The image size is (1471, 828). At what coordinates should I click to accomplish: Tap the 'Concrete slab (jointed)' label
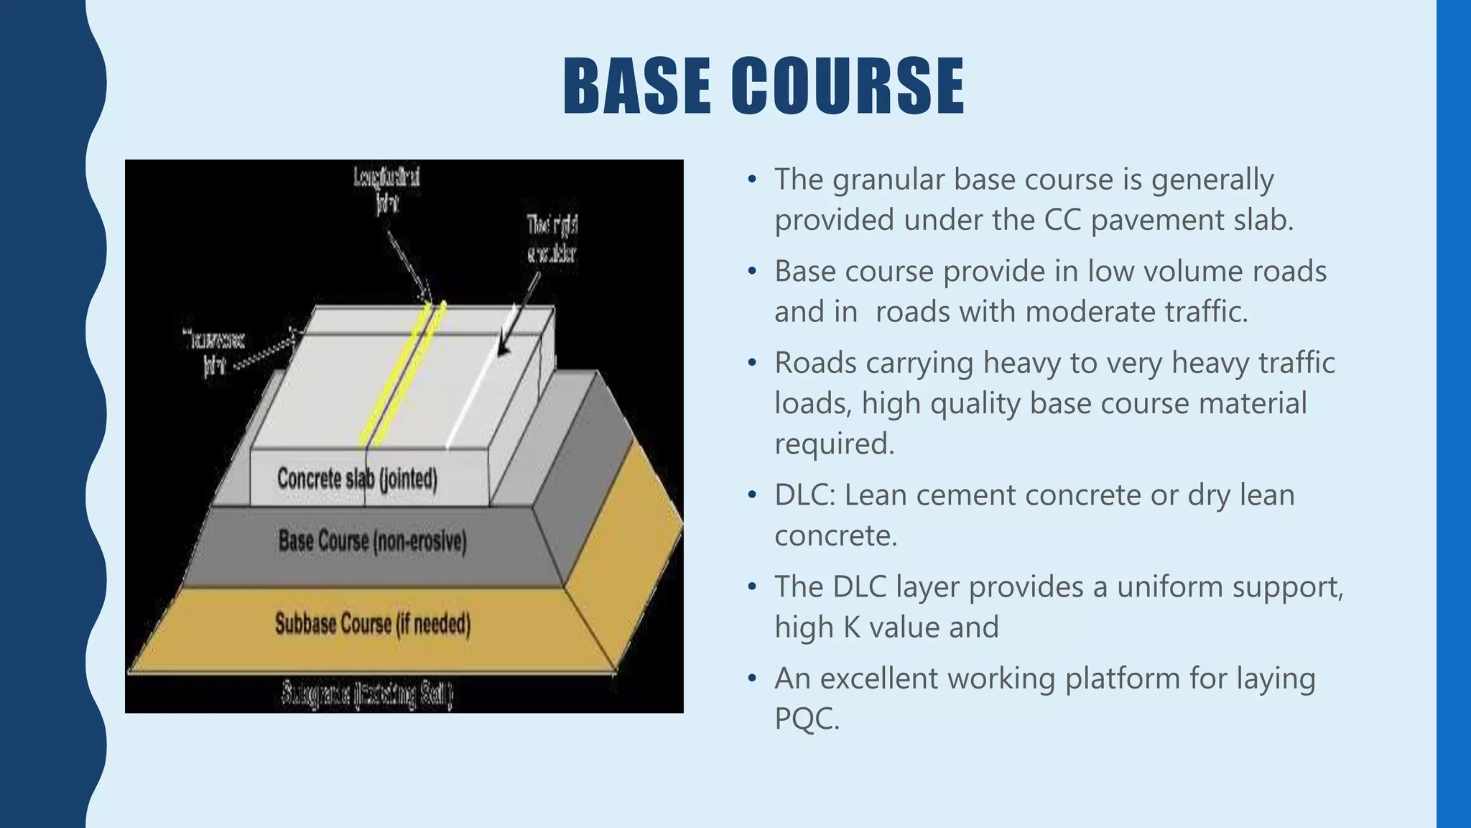357,479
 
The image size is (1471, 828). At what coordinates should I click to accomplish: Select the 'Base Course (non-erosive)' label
372,541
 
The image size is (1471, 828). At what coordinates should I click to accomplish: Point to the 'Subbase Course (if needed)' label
372,624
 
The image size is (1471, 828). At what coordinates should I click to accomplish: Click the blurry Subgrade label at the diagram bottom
366,694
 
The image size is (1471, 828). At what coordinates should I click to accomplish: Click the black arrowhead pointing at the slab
504,349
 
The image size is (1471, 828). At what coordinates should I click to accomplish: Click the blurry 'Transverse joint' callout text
214,352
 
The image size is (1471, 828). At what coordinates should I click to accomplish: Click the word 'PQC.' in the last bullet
807,719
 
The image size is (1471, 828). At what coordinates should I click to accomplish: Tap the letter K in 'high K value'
852,627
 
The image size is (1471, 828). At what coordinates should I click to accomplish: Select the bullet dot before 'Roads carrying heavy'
751,363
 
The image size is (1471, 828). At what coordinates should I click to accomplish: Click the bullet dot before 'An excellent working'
751,678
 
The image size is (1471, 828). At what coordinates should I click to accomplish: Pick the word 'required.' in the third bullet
834,443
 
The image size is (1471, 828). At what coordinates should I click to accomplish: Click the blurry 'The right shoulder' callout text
552,239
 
